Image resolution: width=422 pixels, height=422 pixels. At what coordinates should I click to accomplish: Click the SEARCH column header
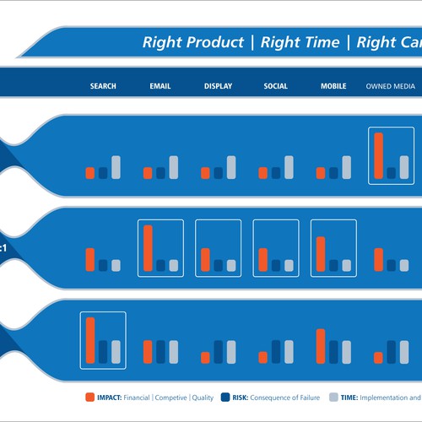(103, 86)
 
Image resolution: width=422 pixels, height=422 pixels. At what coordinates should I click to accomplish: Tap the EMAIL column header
(160, 86)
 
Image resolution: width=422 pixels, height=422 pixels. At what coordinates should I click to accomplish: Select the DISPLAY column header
(218, 86)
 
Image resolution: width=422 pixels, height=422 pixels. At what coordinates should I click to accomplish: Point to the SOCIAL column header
(275, 86)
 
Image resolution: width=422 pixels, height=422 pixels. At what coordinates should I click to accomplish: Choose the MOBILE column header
(333, 86)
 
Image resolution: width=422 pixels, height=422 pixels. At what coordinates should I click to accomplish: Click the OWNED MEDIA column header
(391, 86)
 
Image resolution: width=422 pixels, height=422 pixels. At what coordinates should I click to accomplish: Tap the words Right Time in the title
(300, 42)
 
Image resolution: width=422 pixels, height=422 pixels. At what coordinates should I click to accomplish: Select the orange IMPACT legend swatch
(90, 397)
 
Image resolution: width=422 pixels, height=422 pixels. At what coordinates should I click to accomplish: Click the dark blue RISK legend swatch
(225, 397)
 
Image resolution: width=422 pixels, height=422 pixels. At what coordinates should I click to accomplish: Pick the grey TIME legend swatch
(333, 397)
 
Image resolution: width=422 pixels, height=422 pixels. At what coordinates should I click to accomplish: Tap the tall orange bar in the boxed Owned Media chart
(378, 156)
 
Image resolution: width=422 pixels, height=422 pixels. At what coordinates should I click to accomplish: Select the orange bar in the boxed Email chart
(148, 248)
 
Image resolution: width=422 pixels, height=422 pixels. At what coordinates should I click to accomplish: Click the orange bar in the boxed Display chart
(205, 259)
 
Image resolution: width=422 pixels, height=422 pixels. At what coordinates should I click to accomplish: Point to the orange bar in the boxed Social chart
(262, 259)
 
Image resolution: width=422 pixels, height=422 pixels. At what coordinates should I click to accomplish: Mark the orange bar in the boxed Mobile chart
(321, 253)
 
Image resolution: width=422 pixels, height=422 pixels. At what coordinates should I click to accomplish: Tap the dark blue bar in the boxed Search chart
(103, 351)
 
